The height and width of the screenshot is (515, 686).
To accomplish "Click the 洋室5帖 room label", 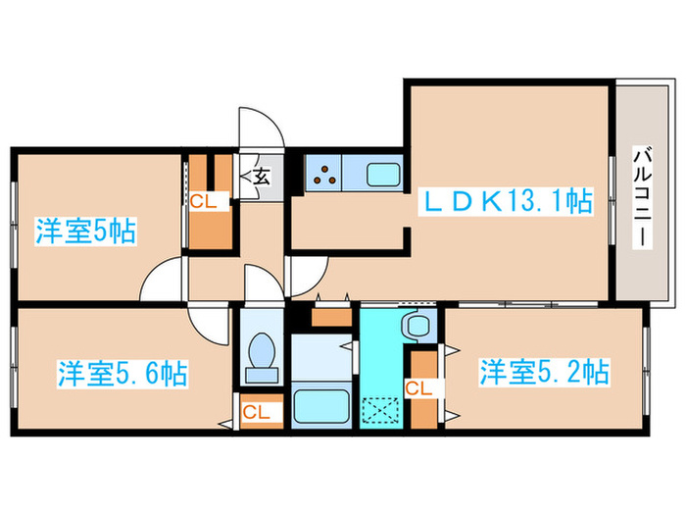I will (x=85, y=232).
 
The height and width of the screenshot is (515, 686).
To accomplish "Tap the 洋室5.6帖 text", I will (x=122, y=374).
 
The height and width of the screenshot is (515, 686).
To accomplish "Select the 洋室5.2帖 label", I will (x=544, y=372).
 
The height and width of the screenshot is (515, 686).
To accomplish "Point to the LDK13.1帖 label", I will (x=507, y=203).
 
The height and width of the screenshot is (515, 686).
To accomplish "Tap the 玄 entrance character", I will (x=262, y=178).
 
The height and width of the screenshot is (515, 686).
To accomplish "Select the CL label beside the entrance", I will (x=204, y=202).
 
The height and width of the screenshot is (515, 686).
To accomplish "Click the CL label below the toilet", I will (x=257, y=411).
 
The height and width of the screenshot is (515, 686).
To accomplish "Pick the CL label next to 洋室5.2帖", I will (x=418, y=388).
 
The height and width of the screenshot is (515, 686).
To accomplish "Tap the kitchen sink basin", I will (x=382, y=176).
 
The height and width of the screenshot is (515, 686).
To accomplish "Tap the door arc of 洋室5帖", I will (x=162, y=283).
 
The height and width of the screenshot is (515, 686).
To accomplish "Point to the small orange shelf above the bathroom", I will (x=331, y=318).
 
